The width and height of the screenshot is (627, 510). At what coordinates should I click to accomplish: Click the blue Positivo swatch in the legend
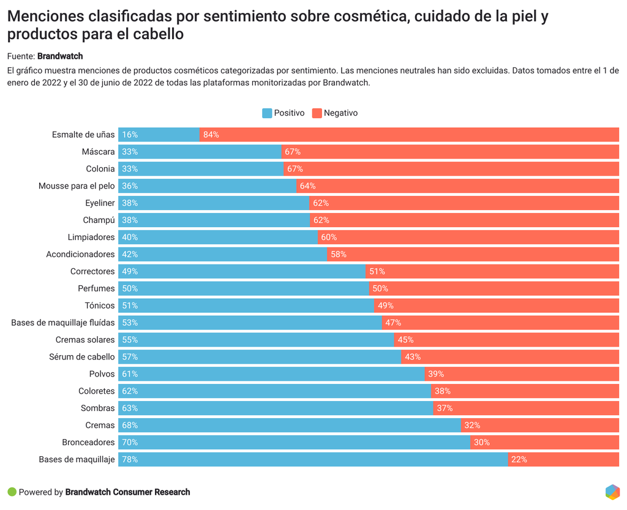coord(267,113)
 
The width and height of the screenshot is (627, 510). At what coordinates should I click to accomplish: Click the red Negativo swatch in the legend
coord(317,113)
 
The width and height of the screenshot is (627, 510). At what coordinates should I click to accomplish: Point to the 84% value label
coord(211,135)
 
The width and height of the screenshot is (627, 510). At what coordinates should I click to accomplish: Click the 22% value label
coord(519,459)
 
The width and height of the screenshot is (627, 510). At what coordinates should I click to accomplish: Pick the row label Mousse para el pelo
coord(77,186)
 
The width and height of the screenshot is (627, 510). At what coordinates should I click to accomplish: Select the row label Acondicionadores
coord(80,254)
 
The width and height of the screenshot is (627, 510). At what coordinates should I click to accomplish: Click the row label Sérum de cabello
coord(82,356)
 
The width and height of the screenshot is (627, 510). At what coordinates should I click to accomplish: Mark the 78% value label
coord(130,459)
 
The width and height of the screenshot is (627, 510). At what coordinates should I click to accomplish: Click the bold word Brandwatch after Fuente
coord(60,56)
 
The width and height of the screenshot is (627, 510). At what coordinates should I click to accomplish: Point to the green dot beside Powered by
coord(12,492)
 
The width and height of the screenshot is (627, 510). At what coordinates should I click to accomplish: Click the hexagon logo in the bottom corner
coord(612,492)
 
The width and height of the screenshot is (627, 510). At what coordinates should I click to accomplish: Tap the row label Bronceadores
coord(88,442)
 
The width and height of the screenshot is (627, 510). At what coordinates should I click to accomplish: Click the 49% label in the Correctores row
coord(130,271)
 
